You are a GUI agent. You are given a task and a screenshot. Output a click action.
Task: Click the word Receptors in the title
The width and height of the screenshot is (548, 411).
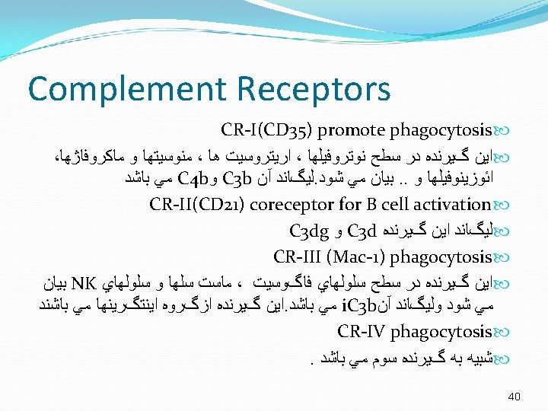[x=314, y=90]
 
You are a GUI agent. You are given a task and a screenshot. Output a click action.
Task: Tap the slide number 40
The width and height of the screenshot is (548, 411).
[x=514, y=397]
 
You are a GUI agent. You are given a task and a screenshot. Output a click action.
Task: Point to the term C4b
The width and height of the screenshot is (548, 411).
[x=193, y=178]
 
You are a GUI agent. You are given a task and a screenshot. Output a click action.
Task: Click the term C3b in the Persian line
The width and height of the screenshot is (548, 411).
[x=237, y=178]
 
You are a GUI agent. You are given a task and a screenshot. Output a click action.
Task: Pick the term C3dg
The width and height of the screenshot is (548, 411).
[x=309, y=231]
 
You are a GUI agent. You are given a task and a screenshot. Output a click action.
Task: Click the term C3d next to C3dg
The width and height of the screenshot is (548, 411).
[x=362, y=231]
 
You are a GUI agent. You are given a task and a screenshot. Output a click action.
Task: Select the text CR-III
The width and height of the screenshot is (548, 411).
[x=297, y=256]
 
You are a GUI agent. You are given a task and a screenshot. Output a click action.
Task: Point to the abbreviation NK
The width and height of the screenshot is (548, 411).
[x=84, y=283]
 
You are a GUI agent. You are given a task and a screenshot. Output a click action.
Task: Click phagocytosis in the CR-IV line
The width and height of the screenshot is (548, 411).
[x=441, y=332]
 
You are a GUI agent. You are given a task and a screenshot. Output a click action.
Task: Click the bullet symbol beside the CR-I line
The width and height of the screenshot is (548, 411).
[x=501, y=131]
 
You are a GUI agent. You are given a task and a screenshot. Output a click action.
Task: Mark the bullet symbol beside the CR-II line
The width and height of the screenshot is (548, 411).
[x=501, y=205]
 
